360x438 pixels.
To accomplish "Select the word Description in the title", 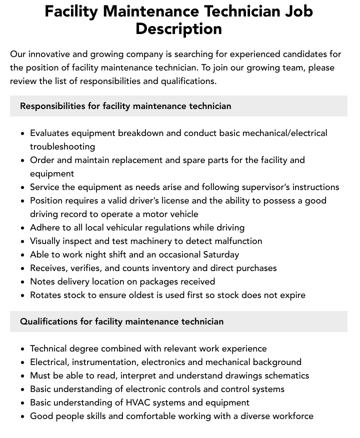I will [x=178, y=28].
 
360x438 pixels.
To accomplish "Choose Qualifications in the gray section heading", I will [x=48, y=321].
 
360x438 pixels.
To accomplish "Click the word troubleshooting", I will [x=62, y=146].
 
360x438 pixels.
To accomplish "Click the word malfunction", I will [x=235, y=241].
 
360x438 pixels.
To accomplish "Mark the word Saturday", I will [x=218, y=254].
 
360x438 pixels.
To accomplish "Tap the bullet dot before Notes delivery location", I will [x=23, y=282].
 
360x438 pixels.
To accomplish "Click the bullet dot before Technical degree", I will [x=23, y=349].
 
